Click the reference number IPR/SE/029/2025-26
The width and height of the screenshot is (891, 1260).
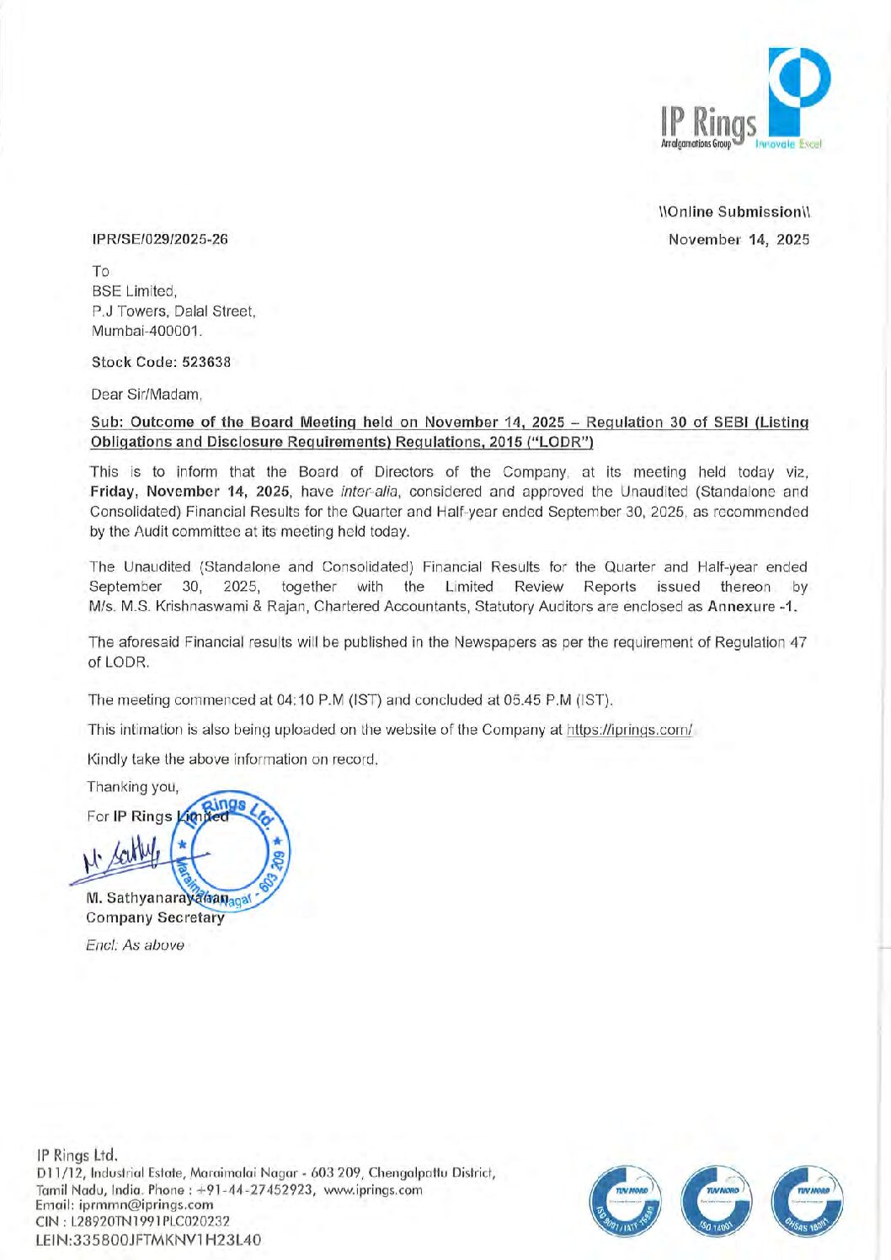(x=159, y=239)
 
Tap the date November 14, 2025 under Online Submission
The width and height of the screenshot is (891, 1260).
(x=739, y=240)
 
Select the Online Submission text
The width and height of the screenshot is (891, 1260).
(x=734, y=212)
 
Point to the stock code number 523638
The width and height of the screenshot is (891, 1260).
(x=206, y=362)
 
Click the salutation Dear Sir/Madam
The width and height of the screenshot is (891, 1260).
(x=146, y=394)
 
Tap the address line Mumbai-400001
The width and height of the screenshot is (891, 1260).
(x=147, y=331)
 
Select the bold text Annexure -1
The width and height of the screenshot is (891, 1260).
(x=752, y=607)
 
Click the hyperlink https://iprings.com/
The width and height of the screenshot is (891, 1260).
(x=629, y=730)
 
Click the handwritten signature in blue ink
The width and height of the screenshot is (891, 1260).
(x=123, y=859)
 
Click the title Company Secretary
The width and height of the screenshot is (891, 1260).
(x=155, y=917)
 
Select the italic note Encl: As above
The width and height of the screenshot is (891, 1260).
(x=135, y=945)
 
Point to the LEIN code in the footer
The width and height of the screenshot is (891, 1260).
(x=148, y=1240)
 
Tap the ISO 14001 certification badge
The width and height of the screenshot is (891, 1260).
(x=716, y=1202)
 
